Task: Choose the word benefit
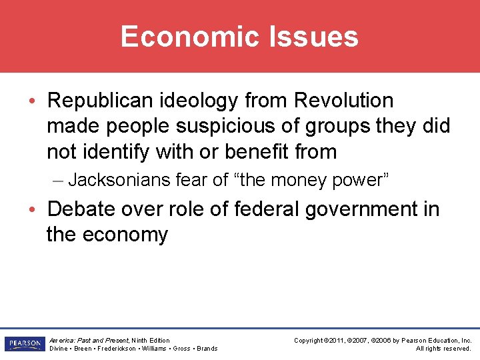tap(259, 151)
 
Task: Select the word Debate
tap(86, 209)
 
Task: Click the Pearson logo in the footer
tap(23, 344)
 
